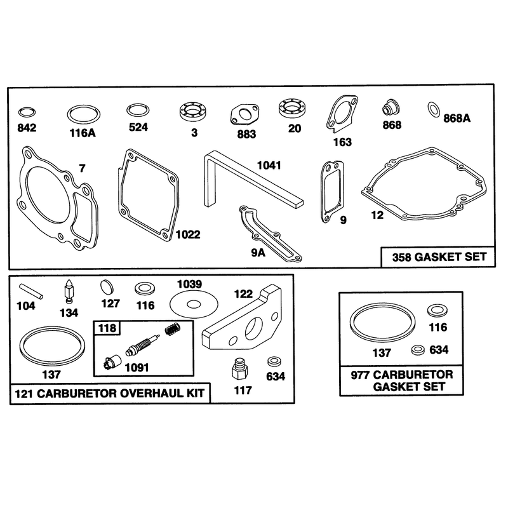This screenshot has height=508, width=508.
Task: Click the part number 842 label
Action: click(x=27, y=128)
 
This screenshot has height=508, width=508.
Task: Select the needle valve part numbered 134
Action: click(x=69, y=291)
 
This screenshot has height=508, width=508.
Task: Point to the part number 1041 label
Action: click(x=269, y=166)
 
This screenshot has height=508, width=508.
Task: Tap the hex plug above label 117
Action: click(x=240, y=370)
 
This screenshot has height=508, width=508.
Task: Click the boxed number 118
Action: click(x=107, y=328)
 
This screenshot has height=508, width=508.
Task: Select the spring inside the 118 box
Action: click(x=172, y=329)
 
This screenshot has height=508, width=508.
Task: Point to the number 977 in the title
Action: click(x=360, y=375)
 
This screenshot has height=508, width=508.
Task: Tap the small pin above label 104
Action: click(x=31, y=291)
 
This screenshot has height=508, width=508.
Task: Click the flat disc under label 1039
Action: click(x=194, y=304)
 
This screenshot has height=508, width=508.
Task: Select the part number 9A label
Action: click(x=258, y=253)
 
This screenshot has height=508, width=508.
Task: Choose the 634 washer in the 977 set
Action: click(x=418, y=350)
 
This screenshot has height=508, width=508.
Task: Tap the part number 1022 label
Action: click(x=188, y=234)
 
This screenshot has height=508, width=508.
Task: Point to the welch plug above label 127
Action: click(x=107, y=287)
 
